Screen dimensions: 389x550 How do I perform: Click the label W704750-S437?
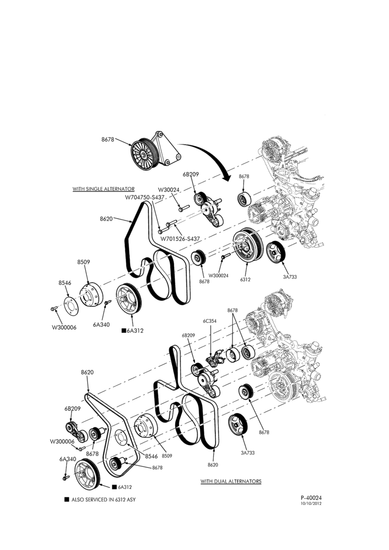pos(145,197)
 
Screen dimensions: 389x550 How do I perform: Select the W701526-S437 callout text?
pos(180,239)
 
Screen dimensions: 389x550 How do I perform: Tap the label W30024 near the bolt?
pos(169,190)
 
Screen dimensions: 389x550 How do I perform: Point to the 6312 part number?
pos(245,279)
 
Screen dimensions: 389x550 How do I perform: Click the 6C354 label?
pos(209,321)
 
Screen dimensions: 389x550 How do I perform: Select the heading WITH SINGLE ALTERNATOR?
pos(103,189)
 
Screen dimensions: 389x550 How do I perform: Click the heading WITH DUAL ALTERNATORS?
pos(231,481)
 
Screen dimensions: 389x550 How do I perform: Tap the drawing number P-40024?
pos(311,497)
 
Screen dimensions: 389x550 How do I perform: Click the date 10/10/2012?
pos(311,503)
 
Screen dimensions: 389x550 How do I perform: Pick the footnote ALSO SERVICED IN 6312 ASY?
pos(103,499)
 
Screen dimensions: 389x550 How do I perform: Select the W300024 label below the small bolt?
pos(218,276)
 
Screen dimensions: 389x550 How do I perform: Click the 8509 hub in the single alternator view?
pos(91,294)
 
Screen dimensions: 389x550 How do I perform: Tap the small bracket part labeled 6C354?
pos(214,358)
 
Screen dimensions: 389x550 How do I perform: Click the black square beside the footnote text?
pos(66,499)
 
